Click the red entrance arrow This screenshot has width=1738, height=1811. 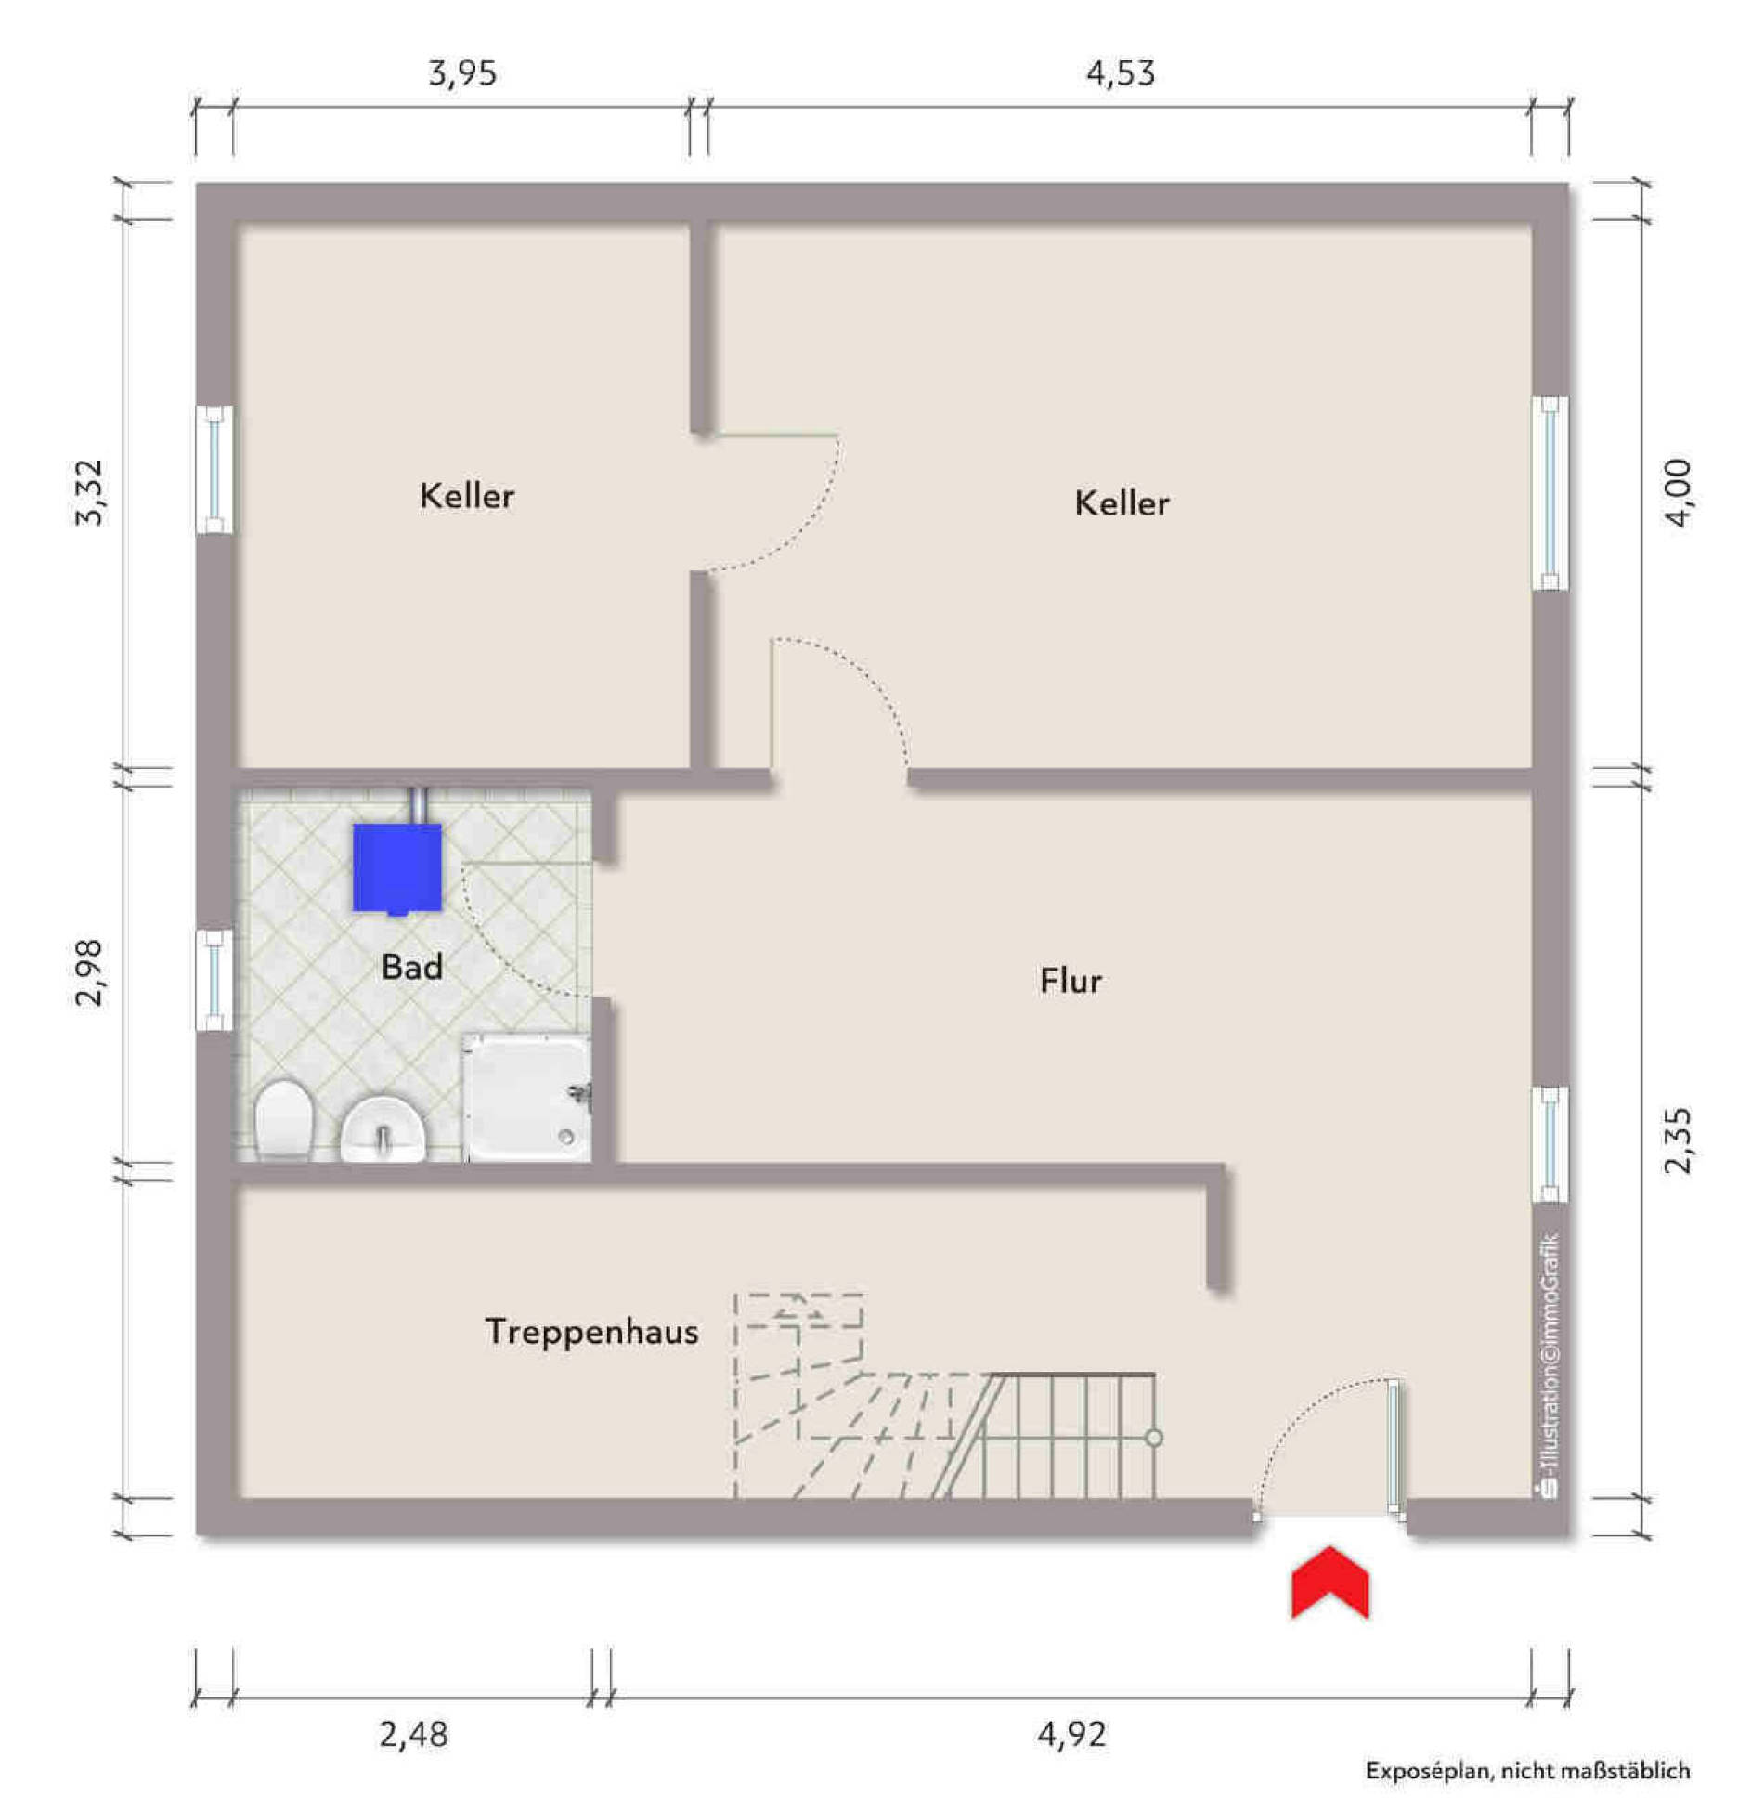pos(1329,1582)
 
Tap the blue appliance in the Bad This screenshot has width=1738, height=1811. pos(396,868)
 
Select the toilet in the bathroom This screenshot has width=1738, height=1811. pos(283,1120)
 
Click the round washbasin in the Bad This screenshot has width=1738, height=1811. pos(383,1128)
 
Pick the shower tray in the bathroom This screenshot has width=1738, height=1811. pos(527,1099)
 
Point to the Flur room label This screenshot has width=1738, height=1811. pos(1070,981)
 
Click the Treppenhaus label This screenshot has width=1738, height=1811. pos(591,1333)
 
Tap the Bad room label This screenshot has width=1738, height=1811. pos(412,967)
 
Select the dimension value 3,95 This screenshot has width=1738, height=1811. pos(462,73)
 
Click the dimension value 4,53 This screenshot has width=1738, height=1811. pos(1121,73)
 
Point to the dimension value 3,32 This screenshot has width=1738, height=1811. pos(90,492)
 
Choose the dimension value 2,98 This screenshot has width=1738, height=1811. pos(90,972)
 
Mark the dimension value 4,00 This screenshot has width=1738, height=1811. pos(1678,492)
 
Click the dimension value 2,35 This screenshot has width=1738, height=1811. pos(1678,1140)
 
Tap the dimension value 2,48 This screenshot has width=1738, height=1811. pos(413,1734)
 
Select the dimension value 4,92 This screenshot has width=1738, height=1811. pos(1072,1734)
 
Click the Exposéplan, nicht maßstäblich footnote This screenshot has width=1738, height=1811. pos(1527,1770)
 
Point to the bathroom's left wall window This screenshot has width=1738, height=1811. pos(214,980)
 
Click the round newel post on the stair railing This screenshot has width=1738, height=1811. pos(1154,1438)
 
